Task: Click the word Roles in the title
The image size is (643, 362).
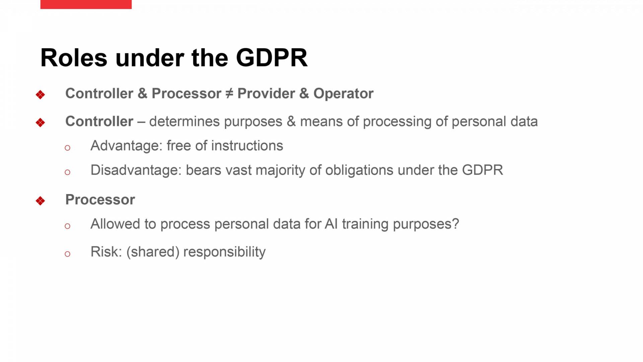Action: (74, 58)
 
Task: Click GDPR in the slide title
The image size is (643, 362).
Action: (272, 58)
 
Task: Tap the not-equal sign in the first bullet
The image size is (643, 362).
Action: (229, 94)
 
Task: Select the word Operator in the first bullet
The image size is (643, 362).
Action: (343, 94)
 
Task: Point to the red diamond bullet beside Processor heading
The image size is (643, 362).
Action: (40, 201)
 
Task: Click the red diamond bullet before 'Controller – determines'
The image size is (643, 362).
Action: (40, 123)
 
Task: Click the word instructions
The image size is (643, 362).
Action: (247, 146)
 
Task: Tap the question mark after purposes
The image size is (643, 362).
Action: (455, 224)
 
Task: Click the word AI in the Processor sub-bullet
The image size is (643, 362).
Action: (331, 224)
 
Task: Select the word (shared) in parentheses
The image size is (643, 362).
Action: (153, 252)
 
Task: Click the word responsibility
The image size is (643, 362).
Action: (224, 252)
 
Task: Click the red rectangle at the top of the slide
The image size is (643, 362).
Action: (86, 4)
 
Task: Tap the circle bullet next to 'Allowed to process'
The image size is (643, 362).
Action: (67, 226)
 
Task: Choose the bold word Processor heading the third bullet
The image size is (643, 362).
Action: (100, 200)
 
